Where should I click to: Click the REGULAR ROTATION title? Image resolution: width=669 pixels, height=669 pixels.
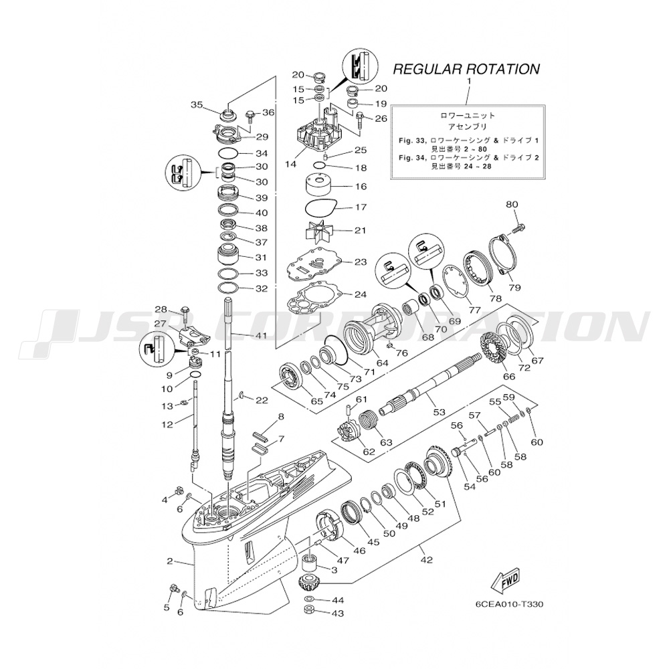466,68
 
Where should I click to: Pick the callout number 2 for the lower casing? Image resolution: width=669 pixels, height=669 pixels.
170,561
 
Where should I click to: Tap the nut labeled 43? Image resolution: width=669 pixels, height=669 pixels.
310,612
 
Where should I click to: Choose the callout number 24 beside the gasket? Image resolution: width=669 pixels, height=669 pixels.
361,294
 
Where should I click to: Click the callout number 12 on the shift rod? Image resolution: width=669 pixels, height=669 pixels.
167,423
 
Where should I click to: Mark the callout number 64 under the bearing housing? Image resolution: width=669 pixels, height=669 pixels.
382,363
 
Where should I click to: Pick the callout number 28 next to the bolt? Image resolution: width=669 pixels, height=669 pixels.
161,309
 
